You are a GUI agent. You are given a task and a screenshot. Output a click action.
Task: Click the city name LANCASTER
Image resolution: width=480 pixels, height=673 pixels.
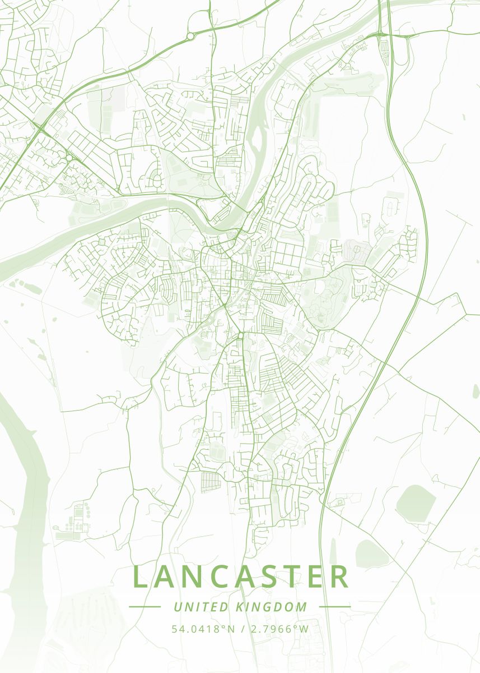point(241,577)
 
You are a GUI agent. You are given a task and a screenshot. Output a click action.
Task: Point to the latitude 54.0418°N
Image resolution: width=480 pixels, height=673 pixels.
point(203,629)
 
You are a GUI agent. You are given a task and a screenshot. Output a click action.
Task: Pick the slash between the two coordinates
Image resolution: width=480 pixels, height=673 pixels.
point(241,629)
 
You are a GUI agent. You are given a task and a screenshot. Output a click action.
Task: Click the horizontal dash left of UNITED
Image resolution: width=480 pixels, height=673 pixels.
point(145,607)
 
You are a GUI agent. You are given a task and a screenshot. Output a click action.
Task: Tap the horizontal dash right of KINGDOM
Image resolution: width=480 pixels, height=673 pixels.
point(335,607)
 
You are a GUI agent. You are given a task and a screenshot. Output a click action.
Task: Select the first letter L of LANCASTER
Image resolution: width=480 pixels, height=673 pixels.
point(141,577)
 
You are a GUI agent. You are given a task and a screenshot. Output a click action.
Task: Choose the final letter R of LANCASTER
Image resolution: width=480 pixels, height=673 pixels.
point(338,577)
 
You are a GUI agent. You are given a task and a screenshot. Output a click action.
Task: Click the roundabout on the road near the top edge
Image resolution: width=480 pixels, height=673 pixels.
point(190,36)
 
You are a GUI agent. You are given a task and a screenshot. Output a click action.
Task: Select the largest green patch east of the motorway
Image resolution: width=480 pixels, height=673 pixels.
point(416,504)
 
